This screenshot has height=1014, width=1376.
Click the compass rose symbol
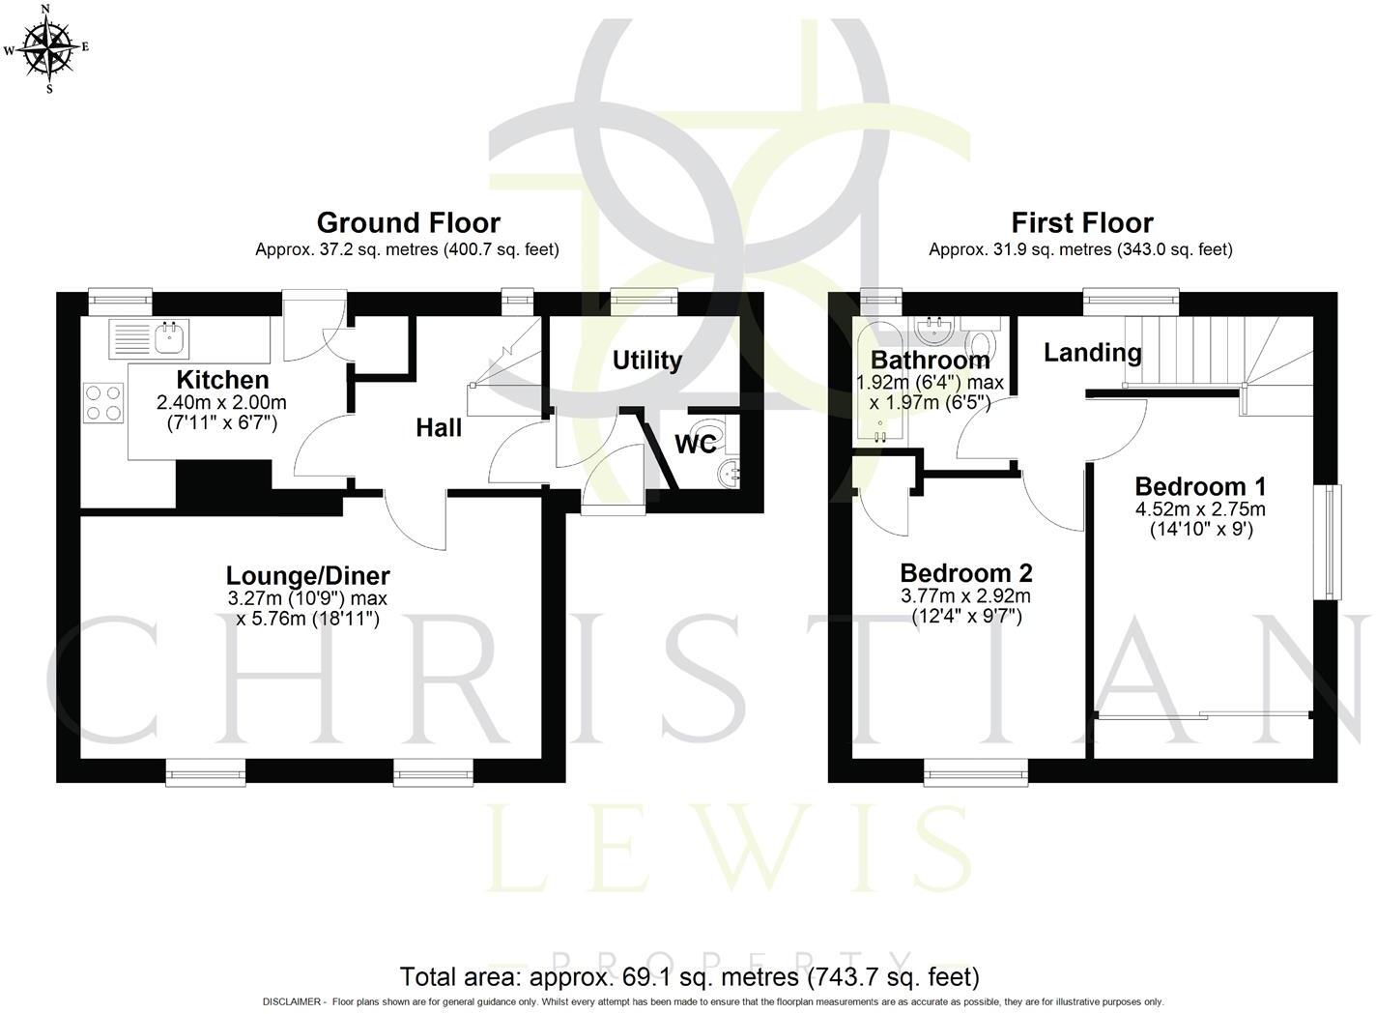coord(47,48)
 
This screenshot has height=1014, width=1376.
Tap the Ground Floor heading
coord(409,222)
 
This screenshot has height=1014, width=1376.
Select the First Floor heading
coord(1082,222)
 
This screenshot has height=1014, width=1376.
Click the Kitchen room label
coord(222,380)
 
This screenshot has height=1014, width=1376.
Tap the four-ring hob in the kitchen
coord(103,403)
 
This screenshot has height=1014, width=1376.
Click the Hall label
coord(439,427)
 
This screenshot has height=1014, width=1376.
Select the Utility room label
coord(647,361)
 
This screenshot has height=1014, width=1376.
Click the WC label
coord(696,444)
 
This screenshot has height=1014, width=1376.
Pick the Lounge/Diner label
coord(307,576)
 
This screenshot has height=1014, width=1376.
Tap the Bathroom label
coord(930,361)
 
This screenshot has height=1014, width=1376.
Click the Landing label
coord(1093,353)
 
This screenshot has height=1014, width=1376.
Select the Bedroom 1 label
coord(1200,487)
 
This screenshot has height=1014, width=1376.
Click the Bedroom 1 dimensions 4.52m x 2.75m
coord(1200,508)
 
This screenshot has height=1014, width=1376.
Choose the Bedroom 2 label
coord(966,573)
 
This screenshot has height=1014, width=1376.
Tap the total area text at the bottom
coord(689,976)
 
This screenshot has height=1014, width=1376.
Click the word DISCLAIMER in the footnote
coord(292,1002)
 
